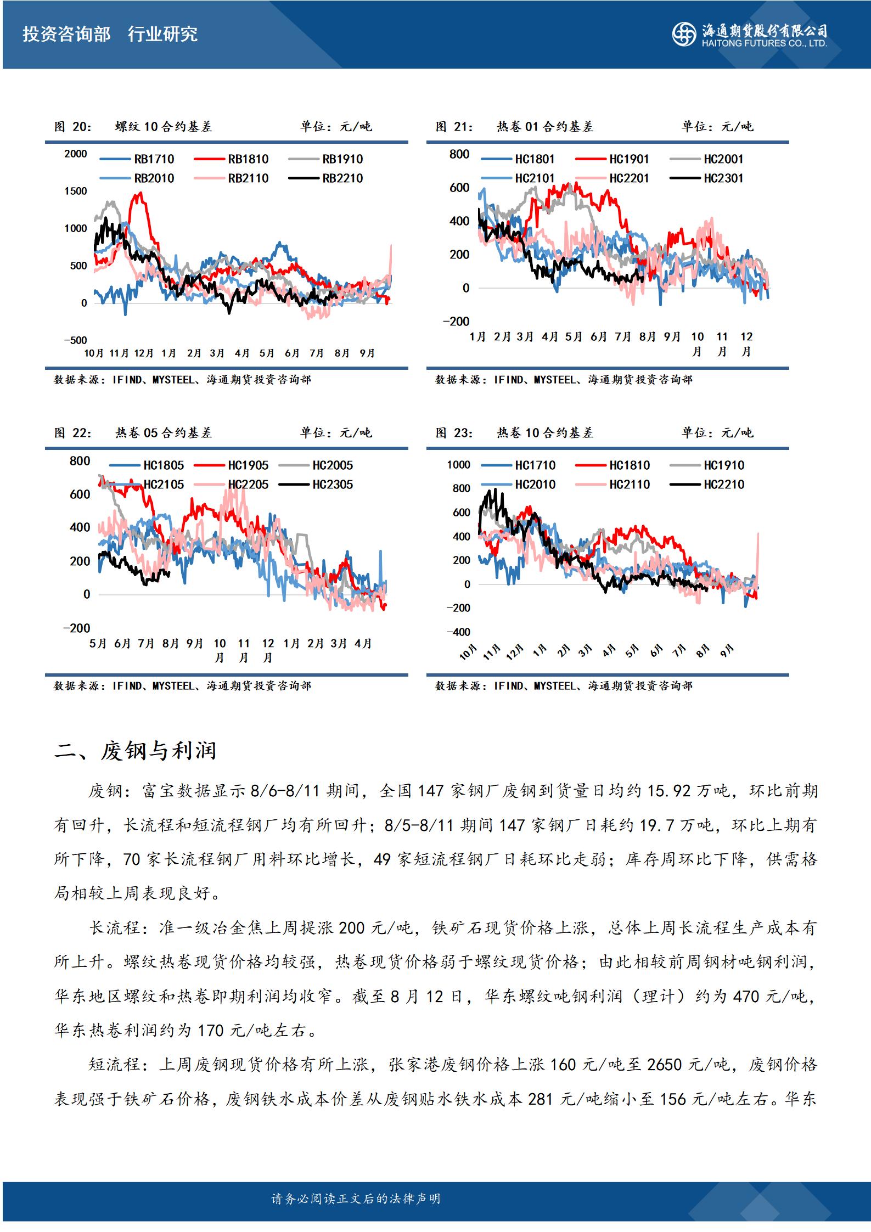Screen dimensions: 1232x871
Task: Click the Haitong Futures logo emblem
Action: [684, 35]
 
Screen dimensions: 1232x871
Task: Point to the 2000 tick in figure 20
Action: [76, 154]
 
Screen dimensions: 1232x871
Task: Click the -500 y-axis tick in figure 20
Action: [75, 340]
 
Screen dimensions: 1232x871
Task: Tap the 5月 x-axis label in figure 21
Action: [574, 336]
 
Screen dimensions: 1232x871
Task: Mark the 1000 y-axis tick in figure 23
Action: [459, 465]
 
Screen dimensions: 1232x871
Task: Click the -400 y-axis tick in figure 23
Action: [459, 632]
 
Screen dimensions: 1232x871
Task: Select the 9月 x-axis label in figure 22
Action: [195, 643]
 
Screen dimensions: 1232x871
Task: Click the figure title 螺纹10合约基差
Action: [164, 127]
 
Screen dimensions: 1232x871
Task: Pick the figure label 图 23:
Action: [454, 433]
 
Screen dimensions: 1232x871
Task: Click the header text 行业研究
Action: [162, 34]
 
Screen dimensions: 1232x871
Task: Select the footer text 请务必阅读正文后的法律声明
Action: [356, 1198]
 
